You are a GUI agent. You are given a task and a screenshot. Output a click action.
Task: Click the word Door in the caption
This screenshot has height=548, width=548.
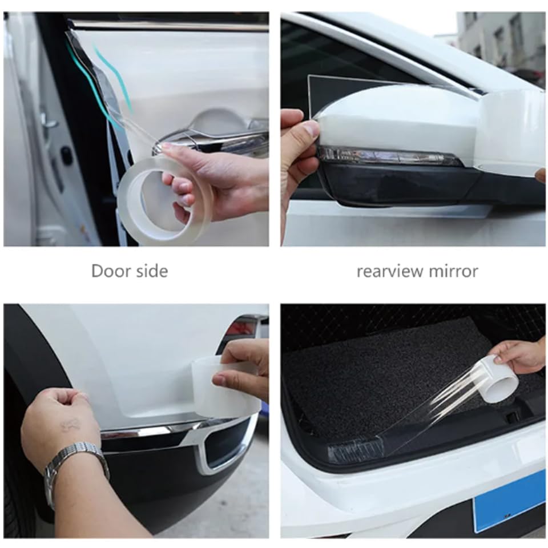111,271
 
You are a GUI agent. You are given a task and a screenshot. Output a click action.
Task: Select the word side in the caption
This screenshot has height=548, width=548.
151,271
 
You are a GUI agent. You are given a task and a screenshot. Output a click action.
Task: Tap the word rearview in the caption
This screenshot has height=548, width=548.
388,271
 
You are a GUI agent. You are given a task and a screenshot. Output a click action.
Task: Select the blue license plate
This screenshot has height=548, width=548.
508,500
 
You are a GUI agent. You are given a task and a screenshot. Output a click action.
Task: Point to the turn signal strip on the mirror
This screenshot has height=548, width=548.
388,156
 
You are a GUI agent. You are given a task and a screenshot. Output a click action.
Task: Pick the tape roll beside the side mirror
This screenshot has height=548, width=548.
511,131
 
